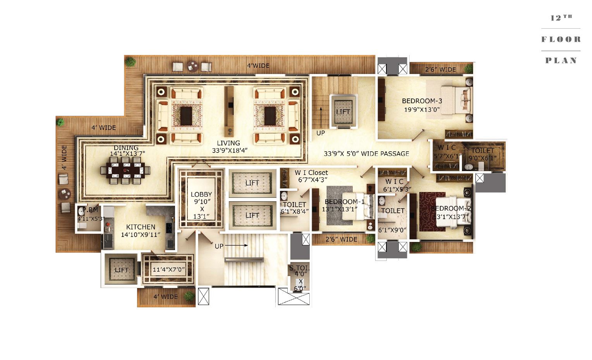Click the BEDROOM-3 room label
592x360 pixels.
coord(422,101)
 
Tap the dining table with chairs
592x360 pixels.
coord(125,170)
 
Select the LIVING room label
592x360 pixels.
coord(228,143)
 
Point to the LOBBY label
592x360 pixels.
coord(201,194)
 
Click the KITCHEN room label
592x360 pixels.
coord(141,227)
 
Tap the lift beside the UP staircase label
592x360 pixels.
coord(343,111)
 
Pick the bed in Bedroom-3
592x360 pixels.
coord(453,100)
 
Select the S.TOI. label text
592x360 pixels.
coord(299,268)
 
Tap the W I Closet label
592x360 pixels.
coord(311,173)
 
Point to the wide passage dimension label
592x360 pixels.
coord(366,154)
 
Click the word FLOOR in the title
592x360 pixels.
coord(561,39)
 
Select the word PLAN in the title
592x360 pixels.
coord(561,60)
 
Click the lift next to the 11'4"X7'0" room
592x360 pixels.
coord(121,270)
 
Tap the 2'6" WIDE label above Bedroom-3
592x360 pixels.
coord(440,70)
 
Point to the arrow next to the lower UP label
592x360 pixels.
coord(236,245)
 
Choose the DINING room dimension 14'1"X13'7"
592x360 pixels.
coord(127,154)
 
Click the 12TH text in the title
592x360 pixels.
coord(561,18)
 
